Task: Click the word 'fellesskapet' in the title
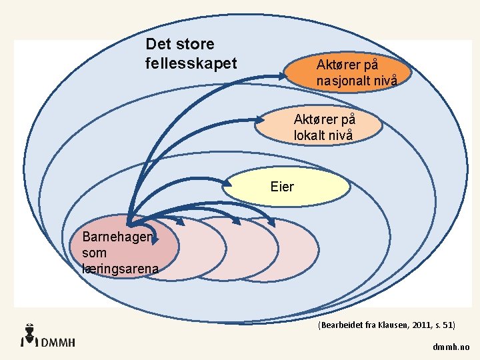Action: point(191,63)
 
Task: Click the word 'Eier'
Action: point(282,187)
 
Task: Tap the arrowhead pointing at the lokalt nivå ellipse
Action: point(261,121)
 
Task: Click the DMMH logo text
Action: point(58,342)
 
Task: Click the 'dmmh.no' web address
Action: point(451,347)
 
